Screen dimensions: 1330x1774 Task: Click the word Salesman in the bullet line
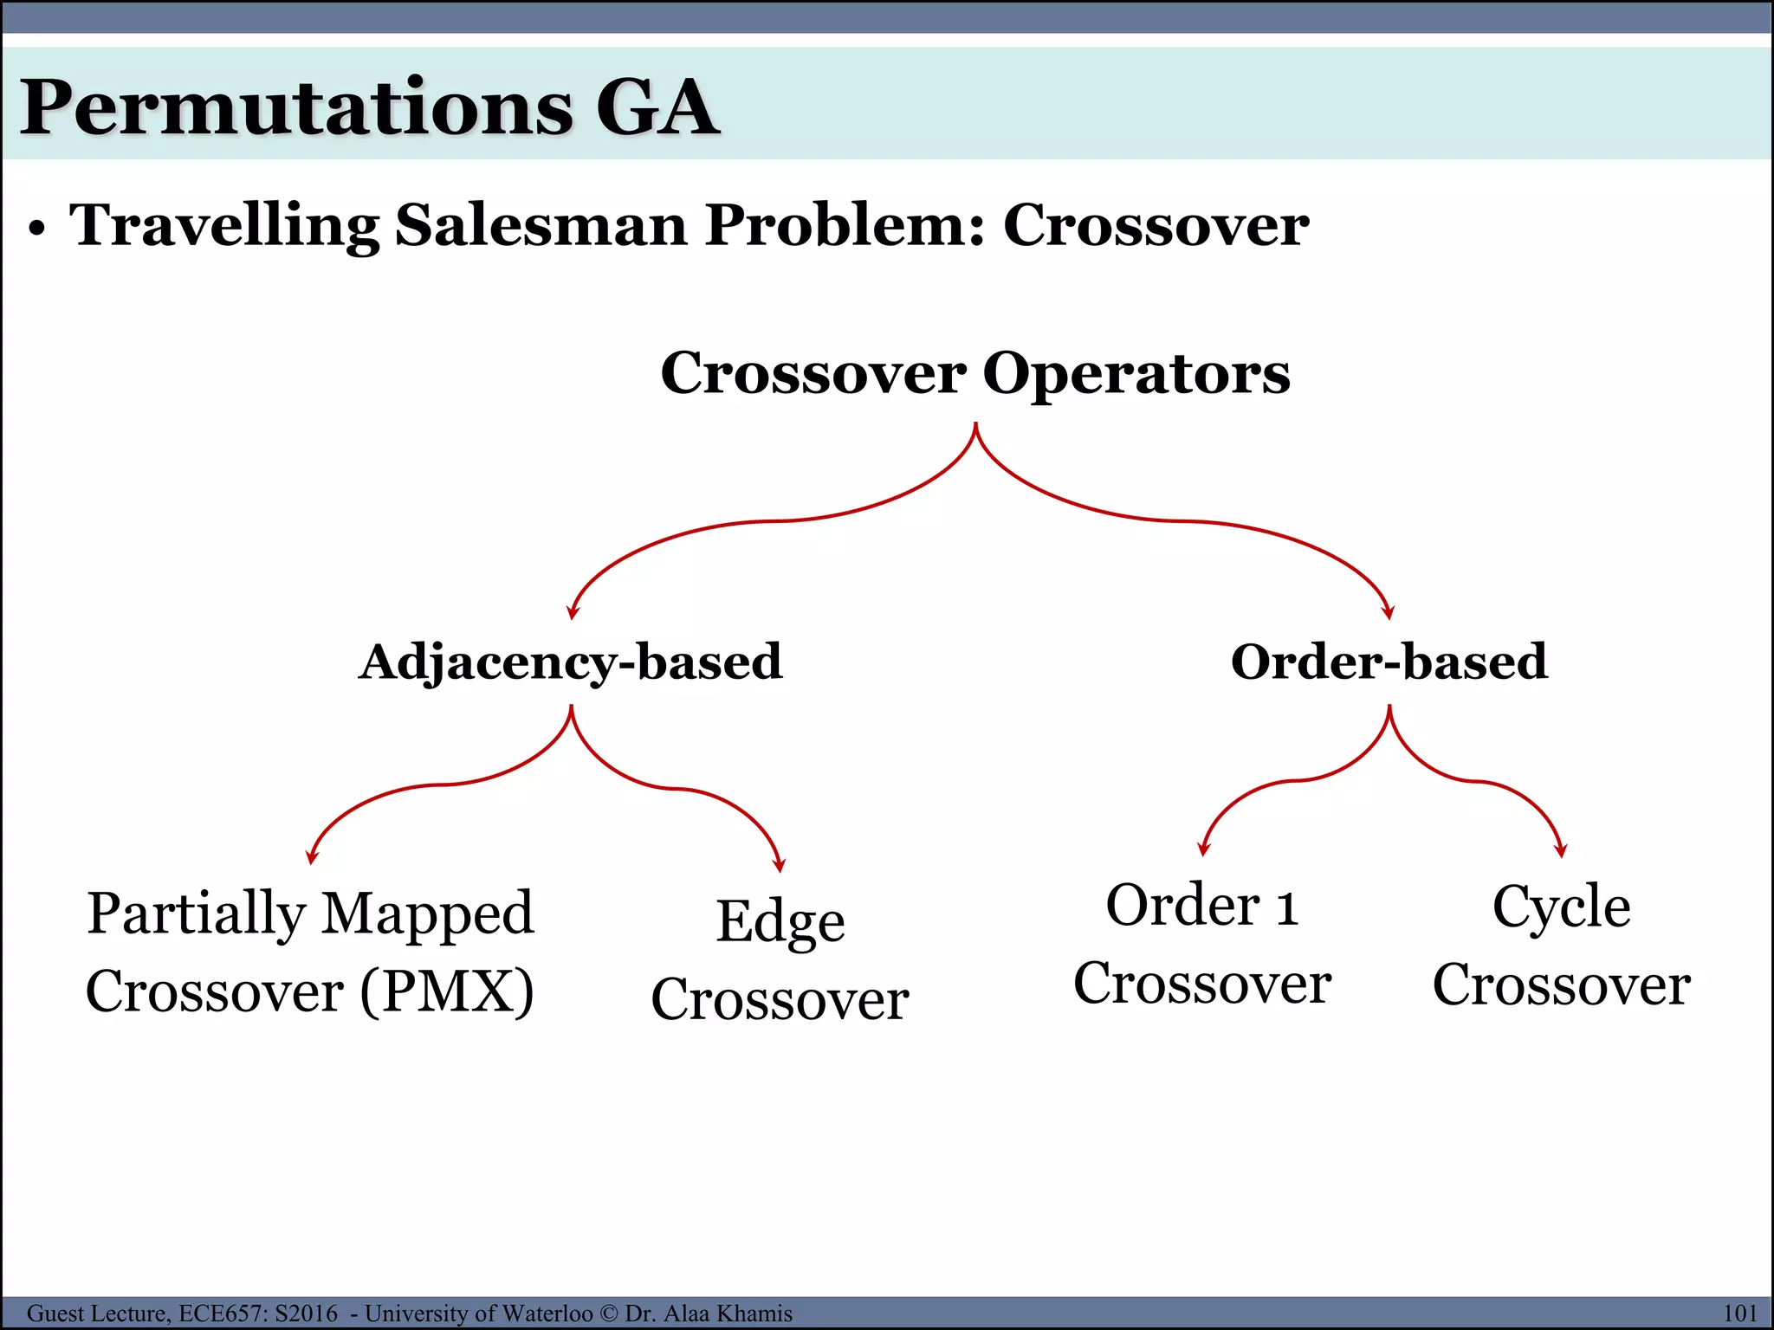pyautogui.click(x=541, y=225)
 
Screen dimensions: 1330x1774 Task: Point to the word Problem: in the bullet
pyautogui.click(x=845, y=225)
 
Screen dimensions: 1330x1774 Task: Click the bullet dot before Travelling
pyautogui.click(x=36, y=229)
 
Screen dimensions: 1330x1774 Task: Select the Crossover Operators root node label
pyautogui.click(x=975, y=373)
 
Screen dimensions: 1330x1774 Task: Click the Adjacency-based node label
pyautogui.click(x=571, y=662)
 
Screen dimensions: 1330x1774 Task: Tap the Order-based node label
pyautogui.click(x=1389, y=662)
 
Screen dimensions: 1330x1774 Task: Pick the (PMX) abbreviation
pyautogui.click(x=447, y=991)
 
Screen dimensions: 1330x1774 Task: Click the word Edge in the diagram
pyautogui.click(x=780, y=921)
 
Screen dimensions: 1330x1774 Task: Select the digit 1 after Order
pyautogui.click(x=1286, y=907)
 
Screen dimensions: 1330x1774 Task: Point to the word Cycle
pyautogui.click(x=1561, y=907)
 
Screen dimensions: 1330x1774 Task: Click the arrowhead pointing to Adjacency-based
pyautogui.click(x=572, y=612)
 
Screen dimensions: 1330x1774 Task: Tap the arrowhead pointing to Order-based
pyautogui.click(x=1389, y=612)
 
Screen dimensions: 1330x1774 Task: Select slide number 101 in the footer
pyautogui.click(x=1739, y=1314)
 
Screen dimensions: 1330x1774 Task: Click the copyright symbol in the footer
pyautogui.click(x=609, y=1314)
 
